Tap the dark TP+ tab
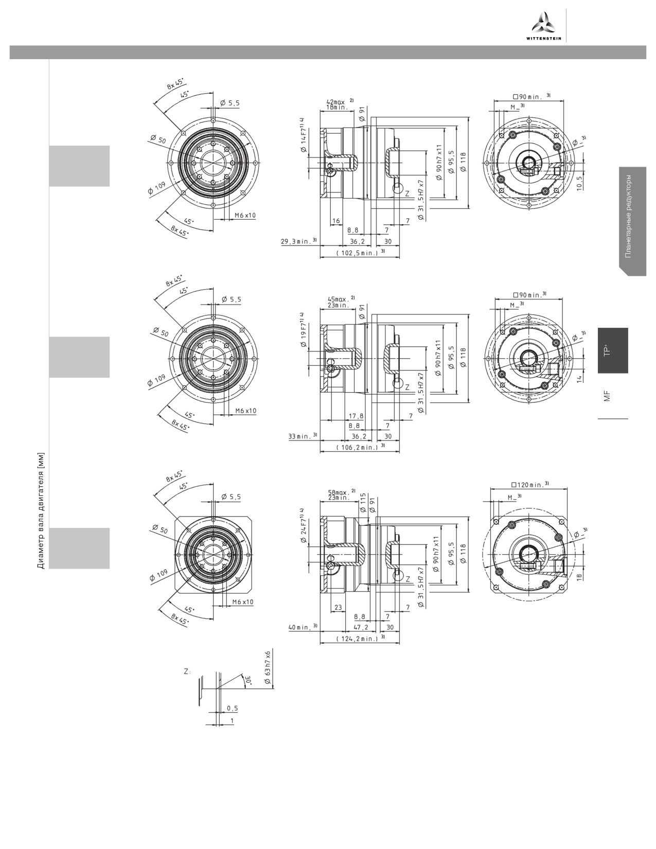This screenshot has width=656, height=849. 613,350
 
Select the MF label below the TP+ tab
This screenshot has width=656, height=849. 607,396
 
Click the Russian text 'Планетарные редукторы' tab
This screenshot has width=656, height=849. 628,216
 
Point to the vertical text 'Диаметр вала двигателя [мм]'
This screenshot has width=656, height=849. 41,510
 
